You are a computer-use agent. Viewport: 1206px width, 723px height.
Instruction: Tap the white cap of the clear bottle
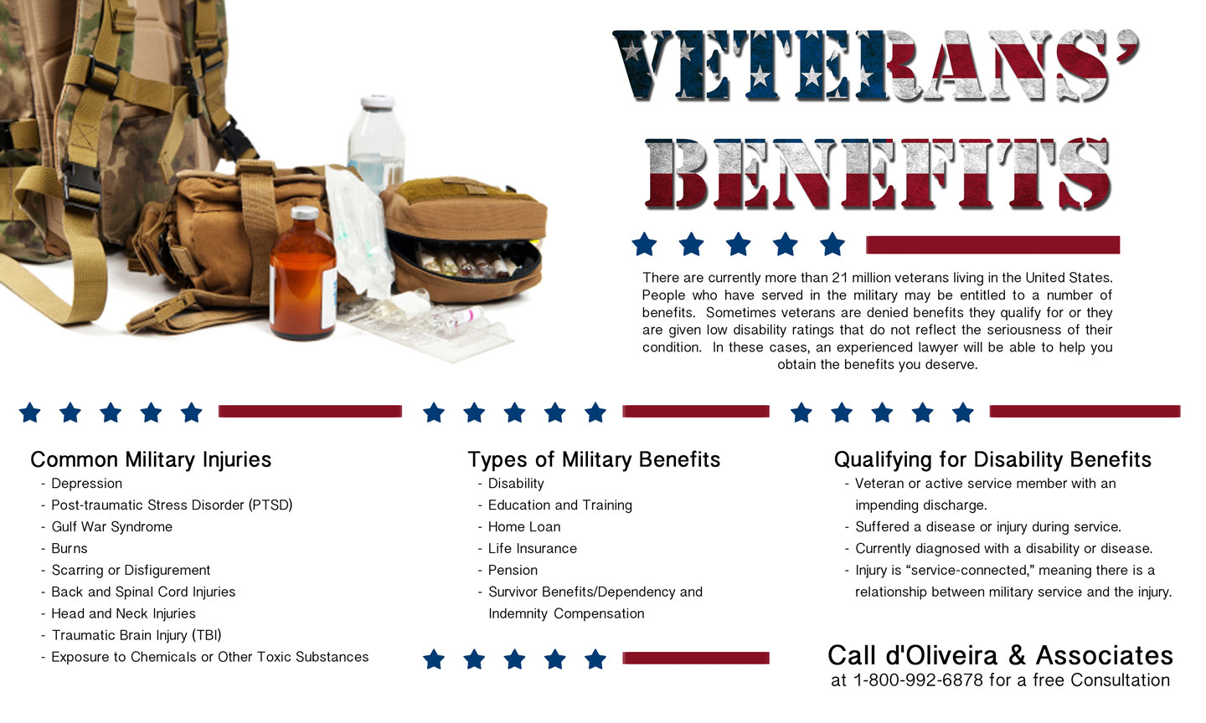378,102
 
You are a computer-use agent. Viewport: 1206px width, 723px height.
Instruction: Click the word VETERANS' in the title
876,65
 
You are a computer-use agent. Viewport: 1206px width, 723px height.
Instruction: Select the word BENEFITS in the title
878,174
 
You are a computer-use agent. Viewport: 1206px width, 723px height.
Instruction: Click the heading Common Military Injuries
151,459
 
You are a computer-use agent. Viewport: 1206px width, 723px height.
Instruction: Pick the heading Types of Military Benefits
594,459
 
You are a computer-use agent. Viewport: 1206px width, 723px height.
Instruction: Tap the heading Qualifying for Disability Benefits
992,459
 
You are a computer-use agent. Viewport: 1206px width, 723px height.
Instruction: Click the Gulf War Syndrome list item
112,526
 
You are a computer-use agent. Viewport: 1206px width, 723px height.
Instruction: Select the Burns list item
70,548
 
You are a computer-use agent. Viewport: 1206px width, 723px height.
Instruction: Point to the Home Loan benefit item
524,526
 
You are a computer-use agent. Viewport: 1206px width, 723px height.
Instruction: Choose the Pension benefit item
513,570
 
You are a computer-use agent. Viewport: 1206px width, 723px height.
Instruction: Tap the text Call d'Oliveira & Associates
1000,655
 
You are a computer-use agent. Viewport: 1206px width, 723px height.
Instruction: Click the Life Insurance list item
533,548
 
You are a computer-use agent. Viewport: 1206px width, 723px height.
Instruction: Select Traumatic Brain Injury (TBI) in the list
137,635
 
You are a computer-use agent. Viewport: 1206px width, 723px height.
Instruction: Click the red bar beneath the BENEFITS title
992,244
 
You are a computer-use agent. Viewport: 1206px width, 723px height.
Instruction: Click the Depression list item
87,484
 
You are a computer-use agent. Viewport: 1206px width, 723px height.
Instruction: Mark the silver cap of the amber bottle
305,213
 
